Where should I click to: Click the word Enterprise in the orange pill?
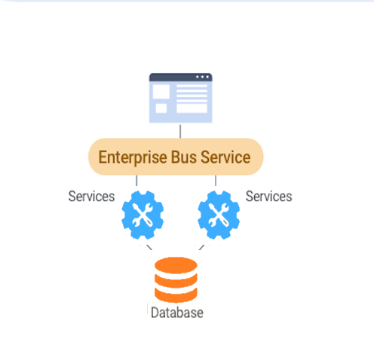click(x=133, y=157)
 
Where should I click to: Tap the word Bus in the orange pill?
click(x=184, y=157)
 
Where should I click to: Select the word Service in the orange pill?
click(x=225, y=157)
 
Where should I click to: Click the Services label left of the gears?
click(x=91, y=196)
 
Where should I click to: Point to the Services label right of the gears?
click(x=268, y=196)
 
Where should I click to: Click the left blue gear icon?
click(x=143, y=215)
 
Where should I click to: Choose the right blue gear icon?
click(x=219, y=215)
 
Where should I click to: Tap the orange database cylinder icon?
click(x=176, y=279)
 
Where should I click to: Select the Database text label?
click(x=177, y=313)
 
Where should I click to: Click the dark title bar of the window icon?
click(x=181, y=77)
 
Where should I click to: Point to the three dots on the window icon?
click(x=202, y=77)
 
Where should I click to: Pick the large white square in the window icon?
click(x=161, y=92)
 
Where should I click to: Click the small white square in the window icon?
click(x=161, y=108)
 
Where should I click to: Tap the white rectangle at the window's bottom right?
click(x=192, y=108)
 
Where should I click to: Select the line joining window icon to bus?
click(x=180, y=131)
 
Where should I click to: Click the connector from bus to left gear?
click(x=136, y=181)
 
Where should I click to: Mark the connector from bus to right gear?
click(x=216, y=181)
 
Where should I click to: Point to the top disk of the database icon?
click(x=176, y=265)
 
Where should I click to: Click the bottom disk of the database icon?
click(x=176, y=295)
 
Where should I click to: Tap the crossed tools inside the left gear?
click(x=143, y=215)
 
